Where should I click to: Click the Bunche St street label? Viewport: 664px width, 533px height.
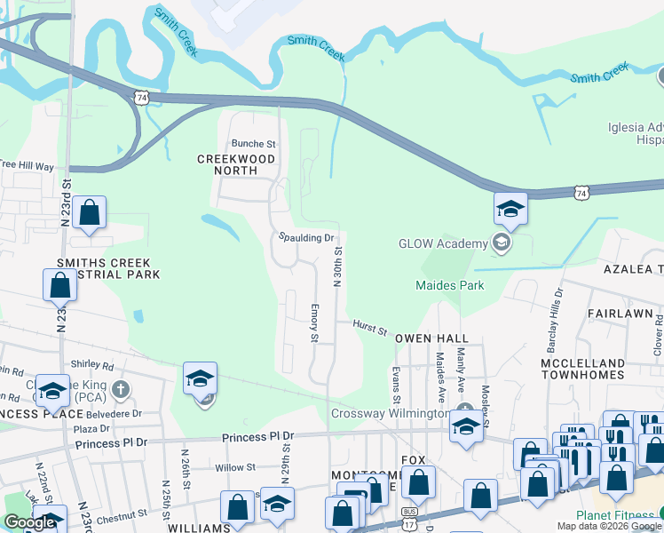(254, 143)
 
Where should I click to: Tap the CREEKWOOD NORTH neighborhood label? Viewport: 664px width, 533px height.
(236, 159)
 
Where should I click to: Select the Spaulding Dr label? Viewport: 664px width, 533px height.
(305, 238)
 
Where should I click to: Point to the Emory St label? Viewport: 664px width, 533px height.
(314, 321)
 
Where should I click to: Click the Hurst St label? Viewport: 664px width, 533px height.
(369, 330)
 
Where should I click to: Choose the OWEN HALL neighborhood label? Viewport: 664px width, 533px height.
(431, 338)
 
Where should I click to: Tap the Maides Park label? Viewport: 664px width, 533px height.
(450, 285)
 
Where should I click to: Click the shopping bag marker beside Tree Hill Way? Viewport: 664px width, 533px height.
(89, 213)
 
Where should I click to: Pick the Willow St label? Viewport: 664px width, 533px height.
(235, 467)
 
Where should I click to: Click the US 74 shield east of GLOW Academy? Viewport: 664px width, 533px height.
(581, 192)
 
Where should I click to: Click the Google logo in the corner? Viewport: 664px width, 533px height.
(29, 522)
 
